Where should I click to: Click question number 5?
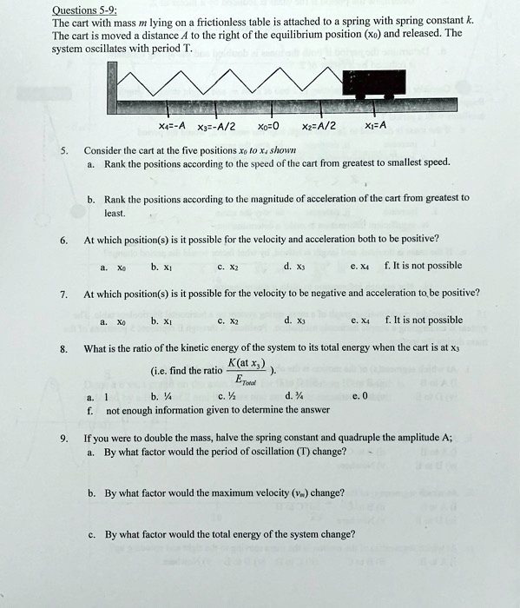[63, 149]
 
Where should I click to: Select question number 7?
[63, 294]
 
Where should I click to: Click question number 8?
[63, 349]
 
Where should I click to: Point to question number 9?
[63, 439]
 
